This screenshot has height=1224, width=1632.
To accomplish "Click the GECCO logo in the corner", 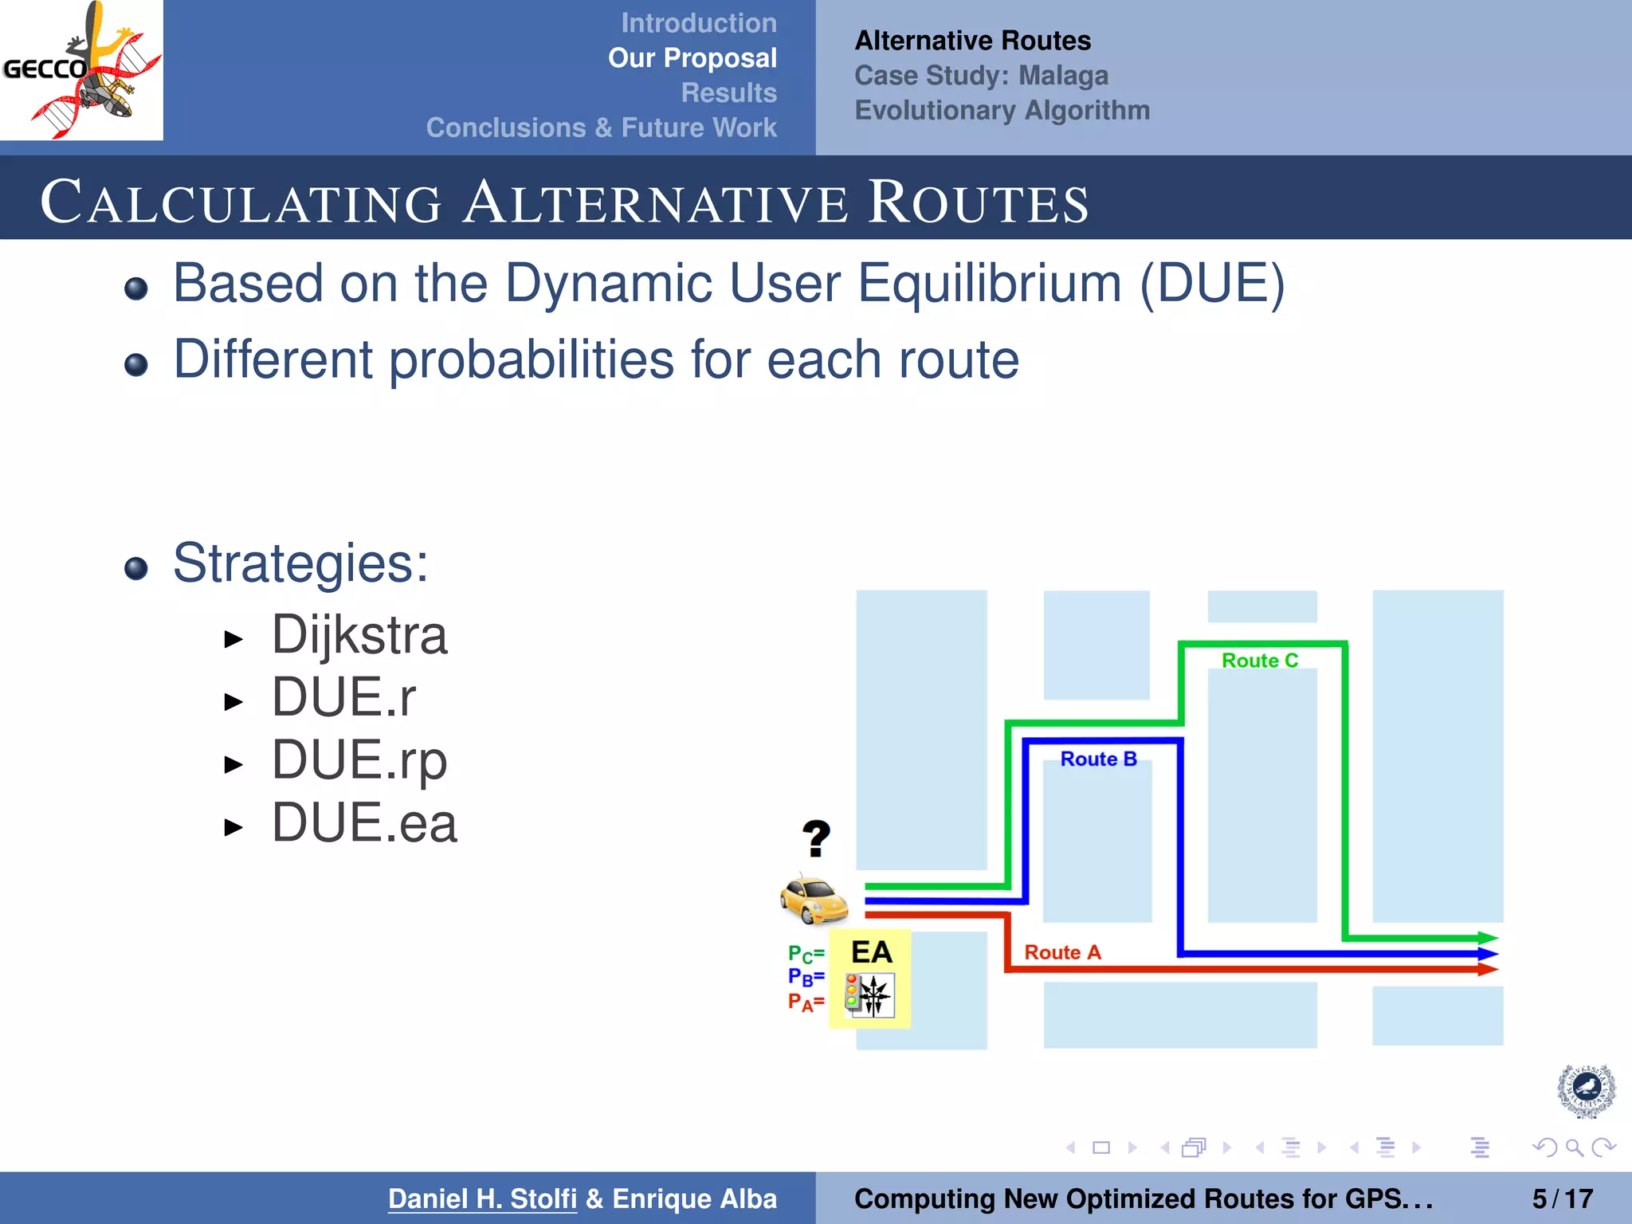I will point(81,70).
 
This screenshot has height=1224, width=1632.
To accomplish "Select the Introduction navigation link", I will point(698,23).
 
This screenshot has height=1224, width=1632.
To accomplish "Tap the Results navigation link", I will point(728,92).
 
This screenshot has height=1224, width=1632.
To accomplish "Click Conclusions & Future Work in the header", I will point(601,127).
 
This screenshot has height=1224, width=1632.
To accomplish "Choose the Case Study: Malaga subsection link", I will point(981,76).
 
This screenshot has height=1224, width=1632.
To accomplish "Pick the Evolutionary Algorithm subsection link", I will point(1002,110).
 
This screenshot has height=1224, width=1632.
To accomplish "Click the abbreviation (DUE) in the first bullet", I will point(1212,284).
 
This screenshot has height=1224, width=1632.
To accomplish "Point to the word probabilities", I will point(532,360).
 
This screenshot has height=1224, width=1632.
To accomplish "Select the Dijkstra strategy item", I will point(359,635).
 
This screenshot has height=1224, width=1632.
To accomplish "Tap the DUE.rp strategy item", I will point(359,760).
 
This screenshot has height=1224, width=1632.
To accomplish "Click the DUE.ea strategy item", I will point(364,823).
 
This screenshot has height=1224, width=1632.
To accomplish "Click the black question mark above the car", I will point(816,838).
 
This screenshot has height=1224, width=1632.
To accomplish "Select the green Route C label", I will point(1259,661).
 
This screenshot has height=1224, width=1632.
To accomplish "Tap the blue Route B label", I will point(1098,759).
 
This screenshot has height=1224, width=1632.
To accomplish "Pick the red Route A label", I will point(1061,952).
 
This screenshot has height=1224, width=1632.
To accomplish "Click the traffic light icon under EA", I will point(869,995).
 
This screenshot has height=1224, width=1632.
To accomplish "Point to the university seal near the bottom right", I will point(1586,1089).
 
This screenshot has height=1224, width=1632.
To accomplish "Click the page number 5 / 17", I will point(1562,1198).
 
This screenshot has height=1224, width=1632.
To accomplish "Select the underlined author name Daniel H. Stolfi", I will point(482,1198).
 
